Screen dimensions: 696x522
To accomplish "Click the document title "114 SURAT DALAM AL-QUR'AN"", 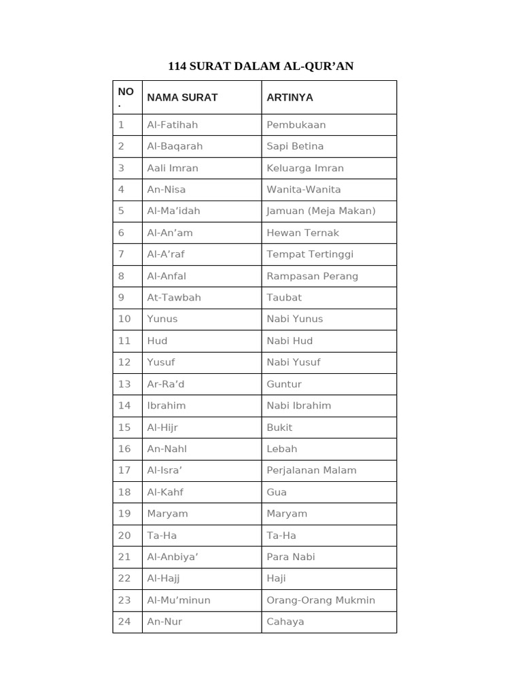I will pos(261,66).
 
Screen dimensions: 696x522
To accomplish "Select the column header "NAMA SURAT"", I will pos(182,97).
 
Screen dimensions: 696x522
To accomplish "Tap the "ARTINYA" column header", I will pos(290,97).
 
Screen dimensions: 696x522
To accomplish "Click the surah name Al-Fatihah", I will pos(173,124).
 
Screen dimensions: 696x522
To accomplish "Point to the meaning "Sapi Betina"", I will pos(295,146).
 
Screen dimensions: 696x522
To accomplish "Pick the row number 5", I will pos(121,211).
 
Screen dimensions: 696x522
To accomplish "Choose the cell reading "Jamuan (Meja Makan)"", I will pos(321,211).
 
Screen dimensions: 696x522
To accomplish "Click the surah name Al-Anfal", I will pos(167,276).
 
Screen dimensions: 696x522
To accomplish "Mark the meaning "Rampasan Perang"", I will pos(312,276).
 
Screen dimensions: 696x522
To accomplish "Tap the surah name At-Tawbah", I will pos(174,297).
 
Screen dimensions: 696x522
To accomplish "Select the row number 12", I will pos(124,362).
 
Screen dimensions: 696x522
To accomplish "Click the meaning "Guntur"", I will pos(284,383).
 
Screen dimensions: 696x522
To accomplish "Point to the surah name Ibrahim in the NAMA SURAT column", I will pos(167,405).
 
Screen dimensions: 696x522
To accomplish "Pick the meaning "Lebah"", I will pos(282,449).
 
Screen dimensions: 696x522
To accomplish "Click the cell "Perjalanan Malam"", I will pos(311,470).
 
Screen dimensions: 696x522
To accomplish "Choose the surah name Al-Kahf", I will pos(165,491).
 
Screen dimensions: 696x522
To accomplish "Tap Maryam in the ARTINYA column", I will pos(287,513).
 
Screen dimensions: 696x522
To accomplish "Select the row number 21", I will pos(124,557).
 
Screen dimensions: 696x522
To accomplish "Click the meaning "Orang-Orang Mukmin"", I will pos(321,600).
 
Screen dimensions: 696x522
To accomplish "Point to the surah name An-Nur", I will pos(164,621).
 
